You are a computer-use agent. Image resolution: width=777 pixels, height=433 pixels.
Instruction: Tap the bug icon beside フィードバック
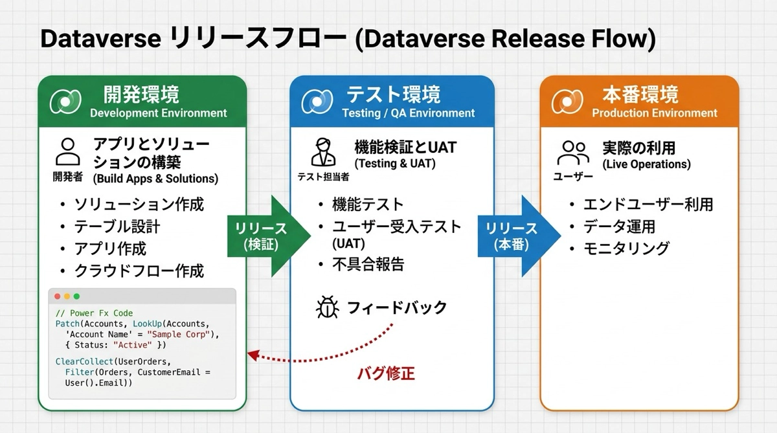pyautogui.click(x=328, y=307)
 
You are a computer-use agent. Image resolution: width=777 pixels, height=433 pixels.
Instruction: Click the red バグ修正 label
pyautogui.click(x=386, y=373)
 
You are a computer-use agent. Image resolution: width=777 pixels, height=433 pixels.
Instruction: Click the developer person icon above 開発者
pyautogui.click(x=67, y=152)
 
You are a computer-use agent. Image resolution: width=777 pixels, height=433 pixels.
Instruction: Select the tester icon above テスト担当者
pyautogui.click(x=323, y=152)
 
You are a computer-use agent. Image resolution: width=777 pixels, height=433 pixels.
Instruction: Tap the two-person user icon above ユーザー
pyautogui.click(x=573, y=153)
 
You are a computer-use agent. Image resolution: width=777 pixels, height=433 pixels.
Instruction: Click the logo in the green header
pyautogui.click(x=65, y=101)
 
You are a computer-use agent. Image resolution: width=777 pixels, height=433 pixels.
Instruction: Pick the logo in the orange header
pyautogui.click(x=567, y=101)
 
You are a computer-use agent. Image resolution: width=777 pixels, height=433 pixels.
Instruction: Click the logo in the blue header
pyautogui.click(x=317, y=101)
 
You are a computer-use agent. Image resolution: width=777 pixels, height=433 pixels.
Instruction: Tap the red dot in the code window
pyautogui.click(x=58, y=296)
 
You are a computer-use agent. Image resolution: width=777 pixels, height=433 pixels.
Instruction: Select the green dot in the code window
pyautogui.click(x=76, y=296)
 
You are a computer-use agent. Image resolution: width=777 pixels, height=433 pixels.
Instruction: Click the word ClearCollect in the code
pyautogui.click(x=84, y=362)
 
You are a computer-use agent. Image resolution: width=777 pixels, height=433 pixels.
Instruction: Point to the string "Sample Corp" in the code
pyautogui.click(x=179, y=335)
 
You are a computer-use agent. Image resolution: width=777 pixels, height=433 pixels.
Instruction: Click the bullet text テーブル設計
pyautogui.click(x=117, y=227)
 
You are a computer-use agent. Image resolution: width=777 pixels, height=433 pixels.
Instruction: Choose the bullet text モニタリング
pyautogui.click(x=626, y=249)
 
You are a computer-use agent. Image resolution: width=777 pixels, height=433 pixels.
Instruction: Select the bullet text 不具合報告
pyautogui.click(x=368, y=264)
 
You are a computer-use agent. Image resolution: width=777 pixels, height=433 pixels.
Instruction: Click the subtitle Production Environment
pyautogui.click(x=655, y=113)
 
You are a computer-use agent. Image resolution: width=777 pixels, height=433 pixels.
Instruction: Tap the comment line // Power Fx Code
pyautogui.click(x=94, y=313)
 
